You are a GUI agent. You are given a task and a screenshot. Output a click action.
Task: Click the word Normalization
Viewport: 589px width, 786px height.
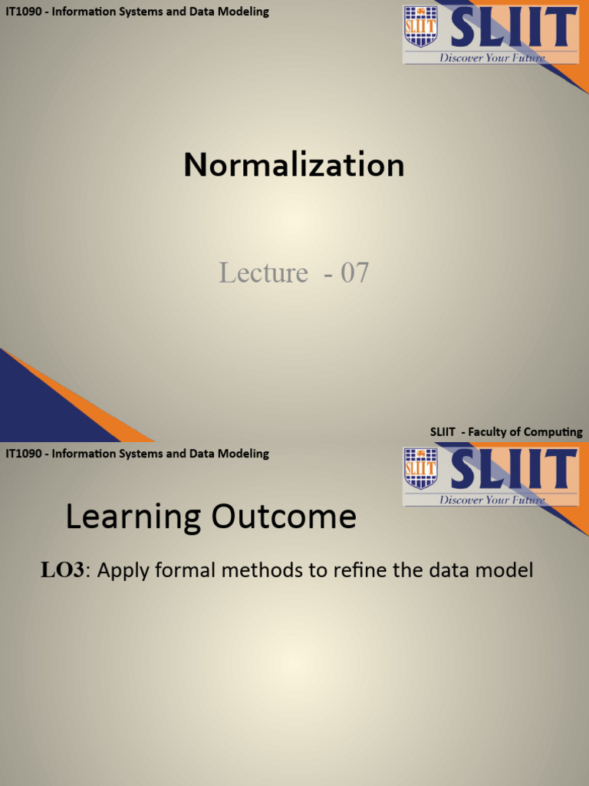[x=294, y=165]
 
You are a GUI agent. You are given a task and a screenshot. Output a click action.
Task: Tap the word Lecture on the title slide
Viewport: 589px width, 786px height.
[x=263, y=272]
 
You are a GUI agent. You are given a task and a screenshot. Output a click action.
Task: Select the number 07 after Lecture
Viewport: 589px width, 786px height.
[x=354, y=272]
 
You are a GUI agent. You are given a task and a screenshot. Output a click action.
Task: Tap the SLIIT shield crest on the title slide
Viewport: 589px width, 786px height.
[x=420, y=26]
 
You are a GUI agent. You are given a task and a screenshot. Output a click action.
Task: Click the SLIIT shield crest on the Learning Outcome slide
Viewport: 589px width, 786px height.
[x=420, y=468]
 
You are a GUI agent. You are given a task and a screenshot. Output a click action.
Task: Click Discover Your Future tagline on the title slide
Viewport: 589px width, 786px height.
[x=492, y=58]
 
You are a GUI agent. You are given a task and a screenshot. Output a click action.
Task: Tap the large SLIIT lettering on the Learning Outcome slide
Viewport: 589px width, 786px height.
[x=513, y=468]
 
